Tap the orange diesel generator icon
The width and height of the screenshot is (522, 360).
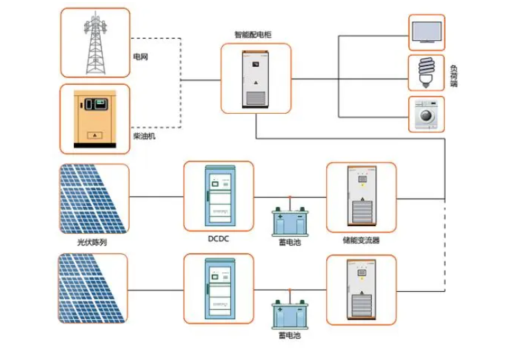[x=95, y=118]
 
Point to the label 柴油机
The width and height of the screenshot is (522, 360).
[x=144, y=137]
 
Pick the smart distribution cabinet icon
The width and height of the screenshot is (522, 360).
[x=255, y=78]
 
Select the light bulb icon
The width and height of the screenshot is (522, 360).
[x=426, y=72]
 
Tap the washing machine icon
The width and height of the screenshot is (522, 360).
[x=426, y=114]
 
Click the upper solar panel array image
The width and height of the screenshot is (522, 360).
[x=94, y=198]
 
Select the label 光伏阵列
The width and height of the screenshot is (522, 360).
[x=92, y=243]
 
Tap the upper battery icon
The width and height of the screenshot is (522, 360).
[x=290, y=221]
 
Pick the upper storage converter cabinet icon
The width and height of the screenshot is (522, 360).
[x=361, y=197]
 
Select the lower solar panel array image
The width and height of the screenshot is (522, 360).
[x=94, y=288]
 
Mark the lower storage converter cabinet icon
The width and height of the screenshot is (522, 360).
[x=361, y=290]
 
